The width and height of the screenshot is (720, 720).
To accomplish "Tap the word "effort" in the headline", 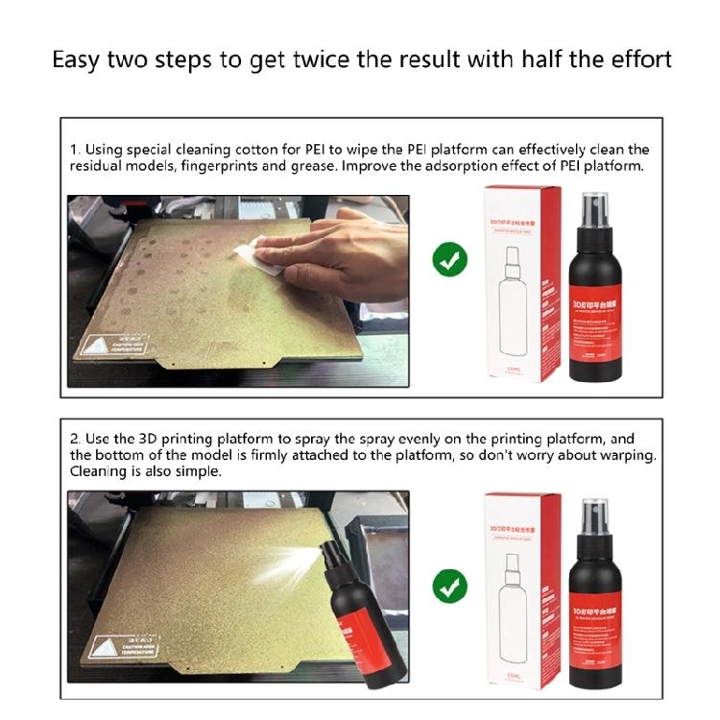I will point(634,60).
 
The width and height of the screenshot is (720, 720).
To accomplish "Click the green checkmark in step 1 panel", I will point(448,259).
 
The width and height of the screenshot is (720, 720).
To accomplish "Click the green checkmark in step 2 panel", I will point(448,585).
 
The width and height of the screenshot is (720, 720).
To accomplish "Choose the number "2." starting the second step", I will point(76,439).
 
